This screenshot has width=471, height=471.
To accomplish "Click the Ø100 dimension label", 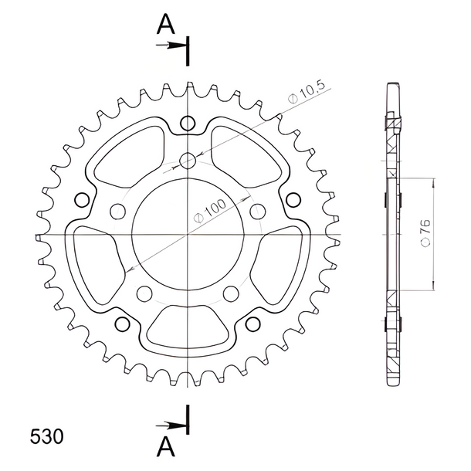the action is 210,211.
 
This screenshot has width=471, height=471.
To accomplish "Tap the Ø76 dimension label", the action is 425,233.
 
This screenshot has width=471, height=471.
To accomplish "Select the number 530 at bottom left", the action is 47,436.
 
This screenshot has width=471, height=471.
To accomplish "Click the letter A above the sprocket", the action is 165,24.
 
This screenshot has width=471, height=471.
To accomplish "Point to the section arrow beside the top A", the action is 171,46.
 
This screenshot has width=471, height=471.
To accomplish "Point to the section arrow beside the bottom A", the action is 171,425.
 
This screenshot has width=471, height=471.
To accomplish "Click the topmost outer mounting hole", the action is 188,123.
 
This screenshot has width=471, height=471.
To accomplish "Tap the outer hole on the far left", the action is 82,200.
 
